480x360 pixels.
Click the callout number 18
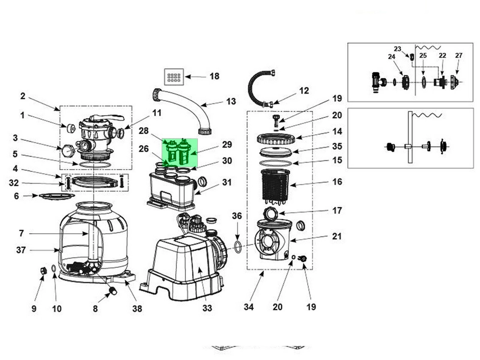click(x=214, y=76)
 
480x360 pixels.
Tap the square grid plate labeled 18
click(x=174, y=77)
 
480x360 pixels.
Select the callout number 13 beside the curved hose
click(x=231, y=102)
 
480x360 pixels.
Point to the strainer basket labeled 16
click(x=275, y=187)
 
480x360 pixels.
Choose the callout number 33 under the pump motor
click(x=207, y=308)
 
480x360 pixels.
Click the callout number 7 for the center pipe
click(x=21, y=234)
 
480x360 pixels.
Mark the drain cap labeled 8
click(x=113, y=291)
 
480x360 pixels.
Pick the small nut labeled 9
click(x=44, y=271)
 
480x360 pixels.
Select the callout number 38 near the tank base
click(x=137, y=308)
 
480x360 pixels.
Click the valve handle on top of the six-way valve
click(x=106, y=118)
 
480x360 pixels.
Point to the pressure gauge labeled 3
click(x=68, y=150)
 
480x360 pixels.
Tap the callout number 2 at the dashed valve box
click(x=23, y=96)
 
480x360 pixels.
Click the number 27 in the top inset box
click(x=458, y=56)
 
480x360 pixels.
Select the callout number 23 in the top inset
click(x=397, y=49)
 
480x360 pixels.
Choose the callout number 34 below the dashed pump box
click(x=249, y=307)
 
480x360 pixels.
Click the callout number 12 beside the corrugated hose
click(x=304, y=91)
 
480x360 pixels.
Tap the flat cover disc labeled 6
click(x=57, y=196)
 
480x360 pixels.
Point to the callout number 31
click(x=226, y=182)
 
